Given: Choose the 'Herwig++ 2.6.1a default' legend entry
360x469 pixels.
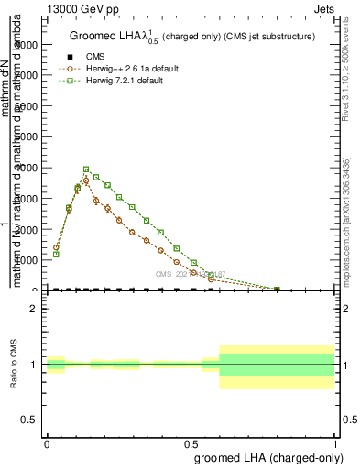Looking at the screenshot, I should click(124, 69).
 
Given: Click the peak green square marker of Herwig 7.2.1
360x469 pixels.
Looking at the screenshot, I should click(86, 169).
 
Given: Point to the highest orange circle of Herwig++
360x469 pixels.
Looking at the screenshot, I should click(86, 180).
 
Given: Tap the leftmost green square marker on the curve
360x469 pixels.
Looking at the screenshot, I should click(56, 254).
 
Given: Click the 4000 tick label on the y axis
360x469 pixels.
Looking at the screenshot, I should click(27, 168).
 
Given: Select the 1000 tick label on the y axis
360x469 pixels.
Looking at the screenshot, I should click(27, 260).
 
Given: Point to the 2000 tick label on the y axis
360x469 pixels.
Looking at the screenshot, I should click(27, 229).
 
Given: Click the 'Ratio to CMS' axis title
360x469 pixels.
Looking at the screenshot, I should click(14, 364).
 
